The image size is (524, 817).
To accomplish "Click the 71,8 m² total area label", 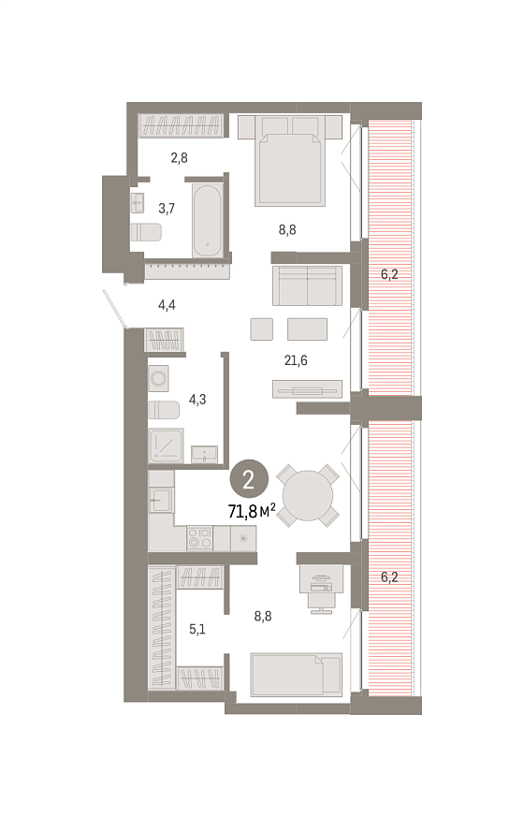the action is pyautogui.click(x=252, y=511).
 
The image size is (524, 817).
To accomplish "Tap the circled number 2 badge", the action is pyautogui.click(x=249, y=479).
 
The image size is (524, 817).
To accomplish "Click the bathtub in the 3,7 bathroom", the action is pyautogui.click(x=207, y=221).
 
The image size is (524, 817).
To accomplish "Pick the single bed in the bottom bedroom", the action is pyautogui.click(x=297, y=674).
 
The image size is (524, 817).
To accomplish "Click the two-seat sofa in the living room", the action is pyautogui.click(x=307, y=285).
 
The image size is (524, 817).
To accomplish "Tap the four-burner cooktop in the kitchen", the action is pyautogui.click(x=200, y=538).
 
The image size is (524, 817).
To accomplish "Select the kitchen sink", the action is pyautogui.click(x=161, y=501).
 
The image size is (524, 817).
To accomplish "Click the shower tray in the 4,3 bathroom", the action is pyautogui.click(x=167, y=445).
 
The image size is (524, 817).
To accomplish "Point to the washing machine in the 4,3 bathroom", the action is pyautogui.click(x=158, y=378).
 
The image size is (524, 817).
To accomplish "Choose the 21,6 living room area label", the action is pyautogui.click(x=296, y=360).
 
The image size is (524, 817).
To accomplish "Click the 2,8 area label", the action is pyautogui.click(x=179, y=157).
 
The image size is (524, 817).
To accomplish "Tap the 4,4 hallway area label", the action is pyautogui.click(x=167, y=305).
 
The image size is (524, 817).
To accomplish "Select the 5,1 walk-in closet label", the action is pyautogui.click(x=196, y=629).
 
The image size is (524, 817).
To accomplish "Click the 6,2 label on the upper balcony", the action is pyautogui.click(x=389, y=274).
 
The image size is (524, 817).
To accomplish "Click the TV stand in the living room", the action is pyautogui.click(x=307, y=389).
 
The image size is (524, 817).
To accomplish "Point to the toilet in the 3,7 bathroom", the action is pyautogui.click(x=146, y=232).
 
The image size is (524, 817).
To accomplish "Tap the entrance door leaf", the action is pyautogui.click(x=114, y=310).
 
